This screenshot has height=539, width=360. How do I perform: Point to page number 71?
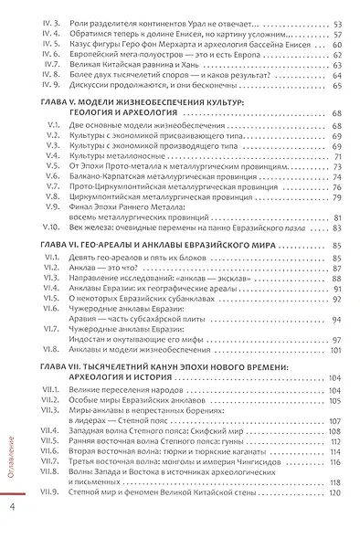(x=335, y=156)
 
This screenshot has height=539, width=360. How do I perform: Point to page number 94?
(x=335, y=319)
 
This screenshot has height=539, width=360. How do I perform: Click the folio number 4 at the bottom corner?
(x=12, y=507)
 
